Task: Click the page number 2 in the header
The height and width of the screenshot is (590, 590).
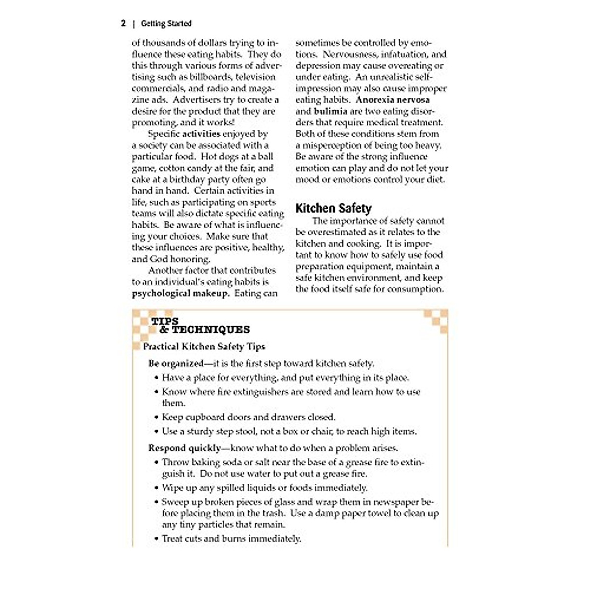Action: (x=123, y=23)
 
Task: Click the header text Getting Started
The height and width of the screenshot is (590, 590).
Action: (x=166, y=23)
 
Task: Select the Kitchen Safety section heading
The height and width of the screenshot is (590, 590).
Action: (x=333, y=208)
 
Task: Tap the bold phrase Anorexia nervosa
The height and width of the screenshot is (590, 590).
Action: (x=392, y=100)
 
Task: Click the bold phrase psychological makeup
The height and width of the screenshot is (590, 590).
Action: (x=180, y=294)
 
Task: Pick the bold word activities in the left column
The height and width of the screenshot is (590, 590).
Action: (x=201, y=134)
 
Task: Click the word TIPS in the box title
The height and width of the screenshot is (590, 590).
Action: (x=165, y=321)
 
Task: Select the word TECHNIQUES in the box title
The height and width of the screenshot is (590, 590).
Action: (x=211, y=330)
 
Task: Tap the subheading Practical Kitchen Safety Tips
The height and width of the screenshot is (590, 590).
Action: (x=204, y=347)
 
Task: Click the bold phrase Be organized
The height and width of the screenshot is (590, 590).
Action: (x=176, y=364)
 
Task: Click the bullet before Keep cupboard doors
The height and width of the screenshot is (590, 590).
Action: (x=156, y=417)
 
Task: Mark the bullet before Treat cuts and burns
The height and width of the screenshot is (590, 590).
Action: (x=156, y=539)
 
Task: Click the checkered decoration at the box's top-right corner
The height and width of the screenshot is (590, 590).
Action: (x=437, y=319)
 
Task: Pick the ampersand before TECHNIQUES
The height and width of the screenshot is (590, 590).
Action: (x=164, y=330)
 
